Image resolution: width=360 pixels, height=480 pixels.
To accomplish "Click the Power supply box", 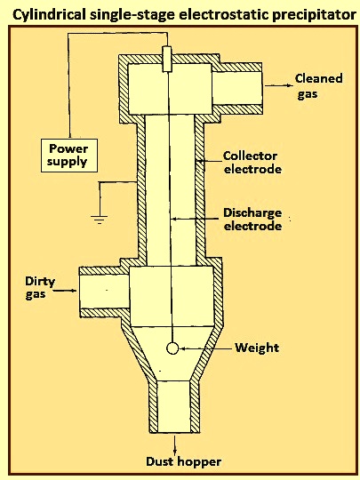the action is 69,156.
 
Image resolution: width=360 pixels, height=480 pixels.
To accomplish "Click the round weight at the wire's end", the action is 172,348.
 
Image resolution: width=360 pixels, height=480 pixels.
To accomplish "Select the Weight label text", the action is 257,348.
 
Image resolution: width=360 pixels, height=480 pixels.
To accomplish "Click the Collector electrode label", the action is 252,163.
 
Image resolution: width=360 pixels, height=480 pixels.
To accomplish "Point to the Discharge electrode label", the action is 252,220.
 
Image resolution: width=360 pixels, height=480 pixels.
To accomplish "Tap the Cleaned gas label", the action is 318,86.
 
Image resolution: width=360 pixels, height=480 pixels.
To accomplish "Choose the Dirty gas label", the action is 40,288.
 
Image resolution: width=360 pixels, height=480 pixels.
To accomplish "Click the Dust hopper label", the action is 183,461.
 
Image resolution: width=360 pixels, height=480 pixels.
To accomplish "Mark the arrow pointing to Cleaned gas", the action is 278,85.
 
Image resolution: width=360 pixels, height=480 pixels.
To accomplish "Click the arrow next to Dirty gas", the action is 65,291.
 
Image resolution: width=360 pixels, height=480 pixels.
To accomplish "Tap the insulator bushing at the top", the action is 167,60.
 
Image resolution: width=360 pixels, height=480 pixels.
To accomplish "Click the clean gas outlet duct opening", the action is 237,88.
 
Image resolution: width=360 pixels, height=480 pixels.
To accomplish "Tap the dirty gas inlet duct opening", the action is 104,292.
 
